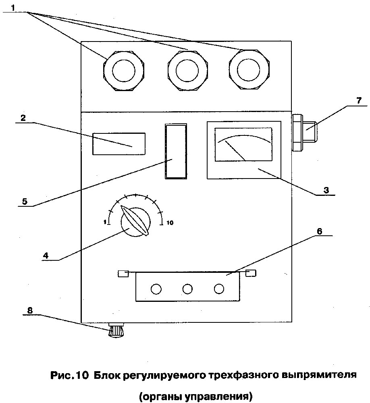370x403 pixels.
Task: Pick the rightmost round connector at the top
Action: [x=249, y=71]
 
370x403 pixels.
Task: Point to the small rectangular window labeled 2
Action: [x=118, y=143]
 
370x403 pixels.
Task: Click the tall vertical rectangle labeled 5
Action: [x=176, y=152]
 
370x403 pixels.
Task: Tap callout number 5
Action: [x=25, y=201]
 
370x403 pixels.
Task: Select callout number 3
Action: [x=326, y=189]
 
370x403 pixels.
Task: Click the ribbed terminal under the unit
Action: [x=116, y=331]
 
